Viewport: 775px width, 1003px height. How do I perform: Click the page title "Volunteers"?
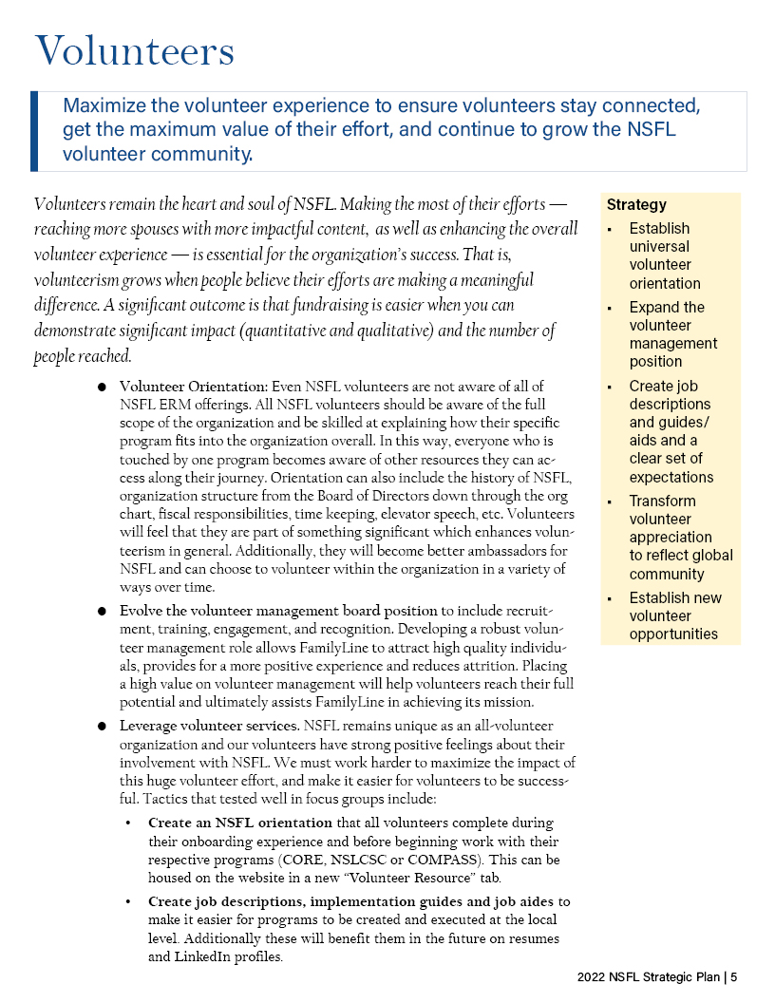pyautogui.click(x=134, y=51)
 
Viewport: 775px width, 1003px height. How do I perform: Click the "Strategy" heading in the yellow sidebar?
pyautogui.click(x=636, y=204)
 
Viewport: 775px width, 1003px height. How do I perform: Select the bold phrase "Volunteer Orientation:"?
pyautogui.click(x=194, y=387)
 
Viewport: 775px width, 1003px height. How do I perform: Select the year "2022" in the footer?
pyautogui.click(x=594, y=976)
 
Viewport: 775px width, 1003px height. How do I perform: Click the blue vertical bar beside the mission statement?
pyautogui.click(x=34, y=131)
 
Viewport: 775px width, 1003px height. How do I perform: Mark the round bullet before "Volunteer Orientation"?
pyautogui.click(x=101, y=388)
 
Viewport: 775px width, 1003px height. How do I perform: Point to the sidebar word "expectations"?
pyautogui.click(x=671, y=477)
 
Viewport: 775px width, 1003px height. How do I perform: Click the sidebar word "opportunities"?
pyautogui.click(x=673, y=634)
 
